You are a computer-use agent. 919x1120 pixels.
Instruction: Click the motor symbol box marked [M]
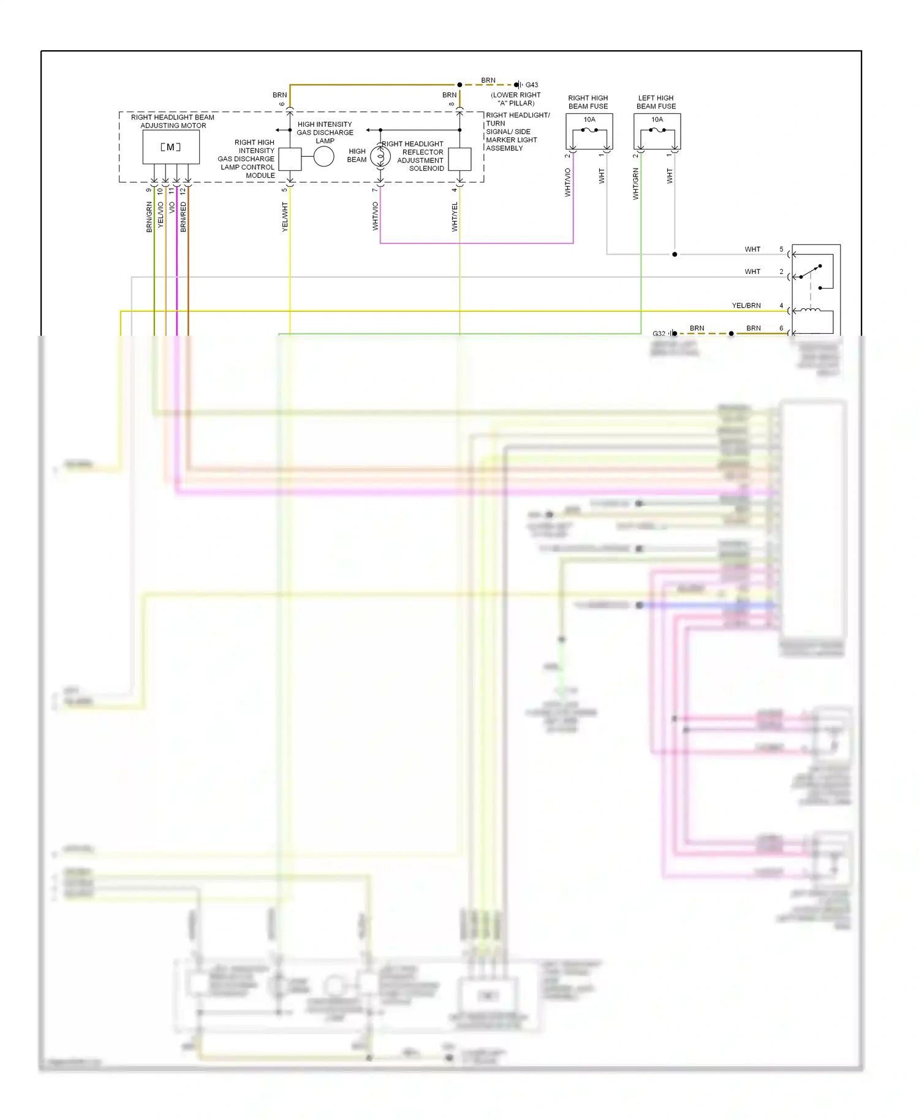171,147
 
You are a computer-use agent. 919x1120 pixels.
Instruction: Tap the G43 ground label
531,85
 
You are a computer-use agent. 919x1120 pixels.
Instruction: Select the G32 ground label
659,334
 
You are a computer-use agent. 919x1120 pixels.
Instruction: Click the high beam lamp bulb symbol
380,157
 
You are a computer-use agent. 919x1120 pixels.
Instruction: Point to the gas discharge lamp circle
323,157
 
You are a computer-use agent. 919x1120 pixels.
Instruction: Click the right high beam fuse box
589,132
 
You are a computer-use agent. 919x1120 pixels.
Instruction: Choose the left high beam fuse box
657,132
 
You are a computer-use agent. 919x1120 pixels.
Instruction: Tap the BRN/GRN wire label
149,217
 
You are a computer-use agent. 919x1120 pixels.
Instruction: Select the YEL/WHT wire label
285,217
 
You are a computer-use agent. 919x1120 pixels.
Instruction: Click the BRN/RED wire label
183,217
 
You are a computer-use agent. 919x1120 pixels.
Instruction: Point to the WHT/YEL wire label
455,217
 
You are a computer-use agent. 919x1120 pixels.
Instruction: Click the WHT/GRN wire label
635,184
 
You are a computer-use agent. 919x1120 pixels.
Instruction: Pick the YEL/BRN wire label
746,305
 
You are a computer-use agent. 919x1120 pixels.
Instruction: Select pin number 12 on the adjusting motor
183,191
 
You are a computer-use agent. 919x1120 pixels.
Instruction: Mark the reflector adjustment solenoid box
459,159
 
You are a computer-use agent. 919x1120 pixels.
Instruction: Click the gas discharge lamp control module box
290,159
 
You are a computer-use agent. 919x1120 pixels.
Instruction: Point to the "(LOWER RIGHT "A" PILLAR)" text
516,99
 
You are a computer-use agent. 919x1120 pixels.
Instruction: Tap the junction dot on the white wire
675,254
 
